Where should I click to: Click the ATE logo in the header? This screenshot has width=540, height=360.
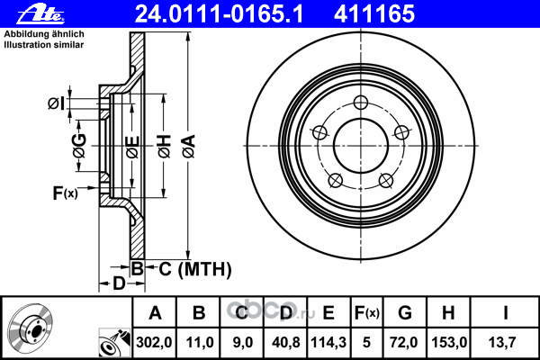point(40,15)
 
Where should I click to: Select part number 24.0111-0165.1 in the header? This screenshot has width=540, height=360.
point(219,14)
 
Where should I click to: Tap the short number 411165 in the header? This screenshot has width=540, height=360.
point(374,14)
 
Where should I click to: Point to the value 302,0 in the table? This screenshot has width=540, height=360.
point(154,342)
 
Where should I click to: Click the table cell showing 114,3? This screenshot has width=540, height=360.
point(328,342)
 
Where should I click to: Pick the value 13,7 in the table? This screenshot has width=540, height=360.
point(502,342)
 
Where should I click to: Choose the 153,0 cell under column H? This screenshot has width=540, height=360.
point(449,342)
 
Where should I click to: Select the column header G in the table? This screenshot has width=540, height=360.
point(405,313)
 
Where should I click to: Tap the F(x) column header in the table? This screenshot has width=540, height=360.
point(367,313)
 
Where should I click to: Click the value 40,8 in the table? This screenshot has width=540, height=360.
point(285,342)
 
